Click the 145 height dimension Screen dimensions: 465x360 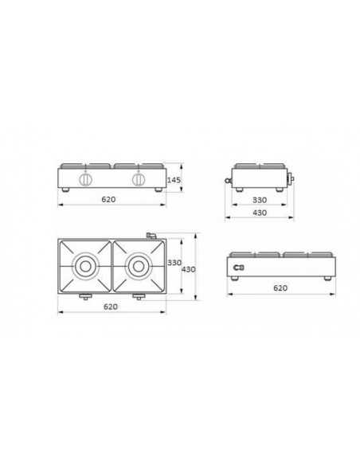click(x=175, y=182)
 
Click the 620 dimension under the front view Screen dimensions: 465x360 click(x=109, y=200)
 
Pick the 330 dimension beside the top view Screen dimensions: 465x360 click(x=175, y=263)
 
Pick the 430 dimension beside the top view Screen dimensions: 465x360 click(x=189, y=270)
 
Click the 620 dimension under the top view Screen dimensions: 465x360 click(x=110, y=307)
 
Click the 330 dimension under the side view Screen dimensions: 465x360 click(x=260, y=200)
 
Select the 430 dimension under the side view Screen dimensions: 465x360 click(x=260, y=213)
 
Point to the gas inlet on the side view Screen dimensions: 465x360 click(x=229, y=182)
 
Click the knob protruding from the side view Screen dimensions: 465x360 click(x=292, y=178)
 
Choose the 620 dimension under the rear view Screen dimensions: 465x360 click(x=280, y=289)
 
